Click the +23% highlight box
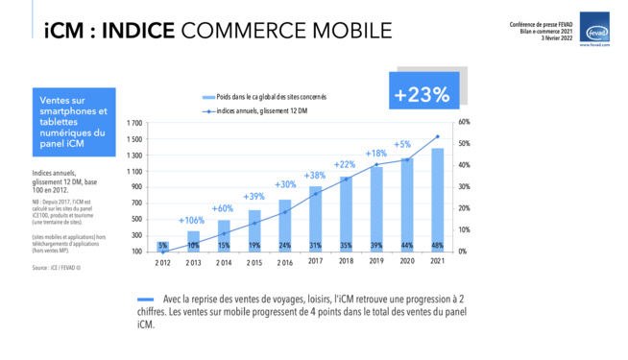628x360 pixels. tap(422, 94)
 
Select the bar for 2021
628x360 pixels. tap(437, 199)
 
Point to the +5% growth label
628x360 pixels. tap(402, 144)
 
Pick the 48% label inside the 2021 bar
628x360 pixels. tap(437, 245)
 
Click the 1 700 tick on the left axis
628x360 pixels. tap(133, 123)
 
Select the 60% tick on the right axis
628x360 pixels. tap(463, 123)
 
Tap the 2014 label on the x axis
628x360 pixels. tap(224, 262)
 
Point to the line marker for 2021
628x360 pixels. tap(437, 136)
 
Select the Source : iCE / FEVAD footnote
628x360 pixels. tap(56, 268)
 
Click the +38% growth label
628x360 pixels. tap(315, 175)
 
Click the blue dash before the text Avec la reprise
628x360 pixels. tap(147, 299)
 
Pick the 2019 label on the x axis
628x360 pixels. tap(376, 262)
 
